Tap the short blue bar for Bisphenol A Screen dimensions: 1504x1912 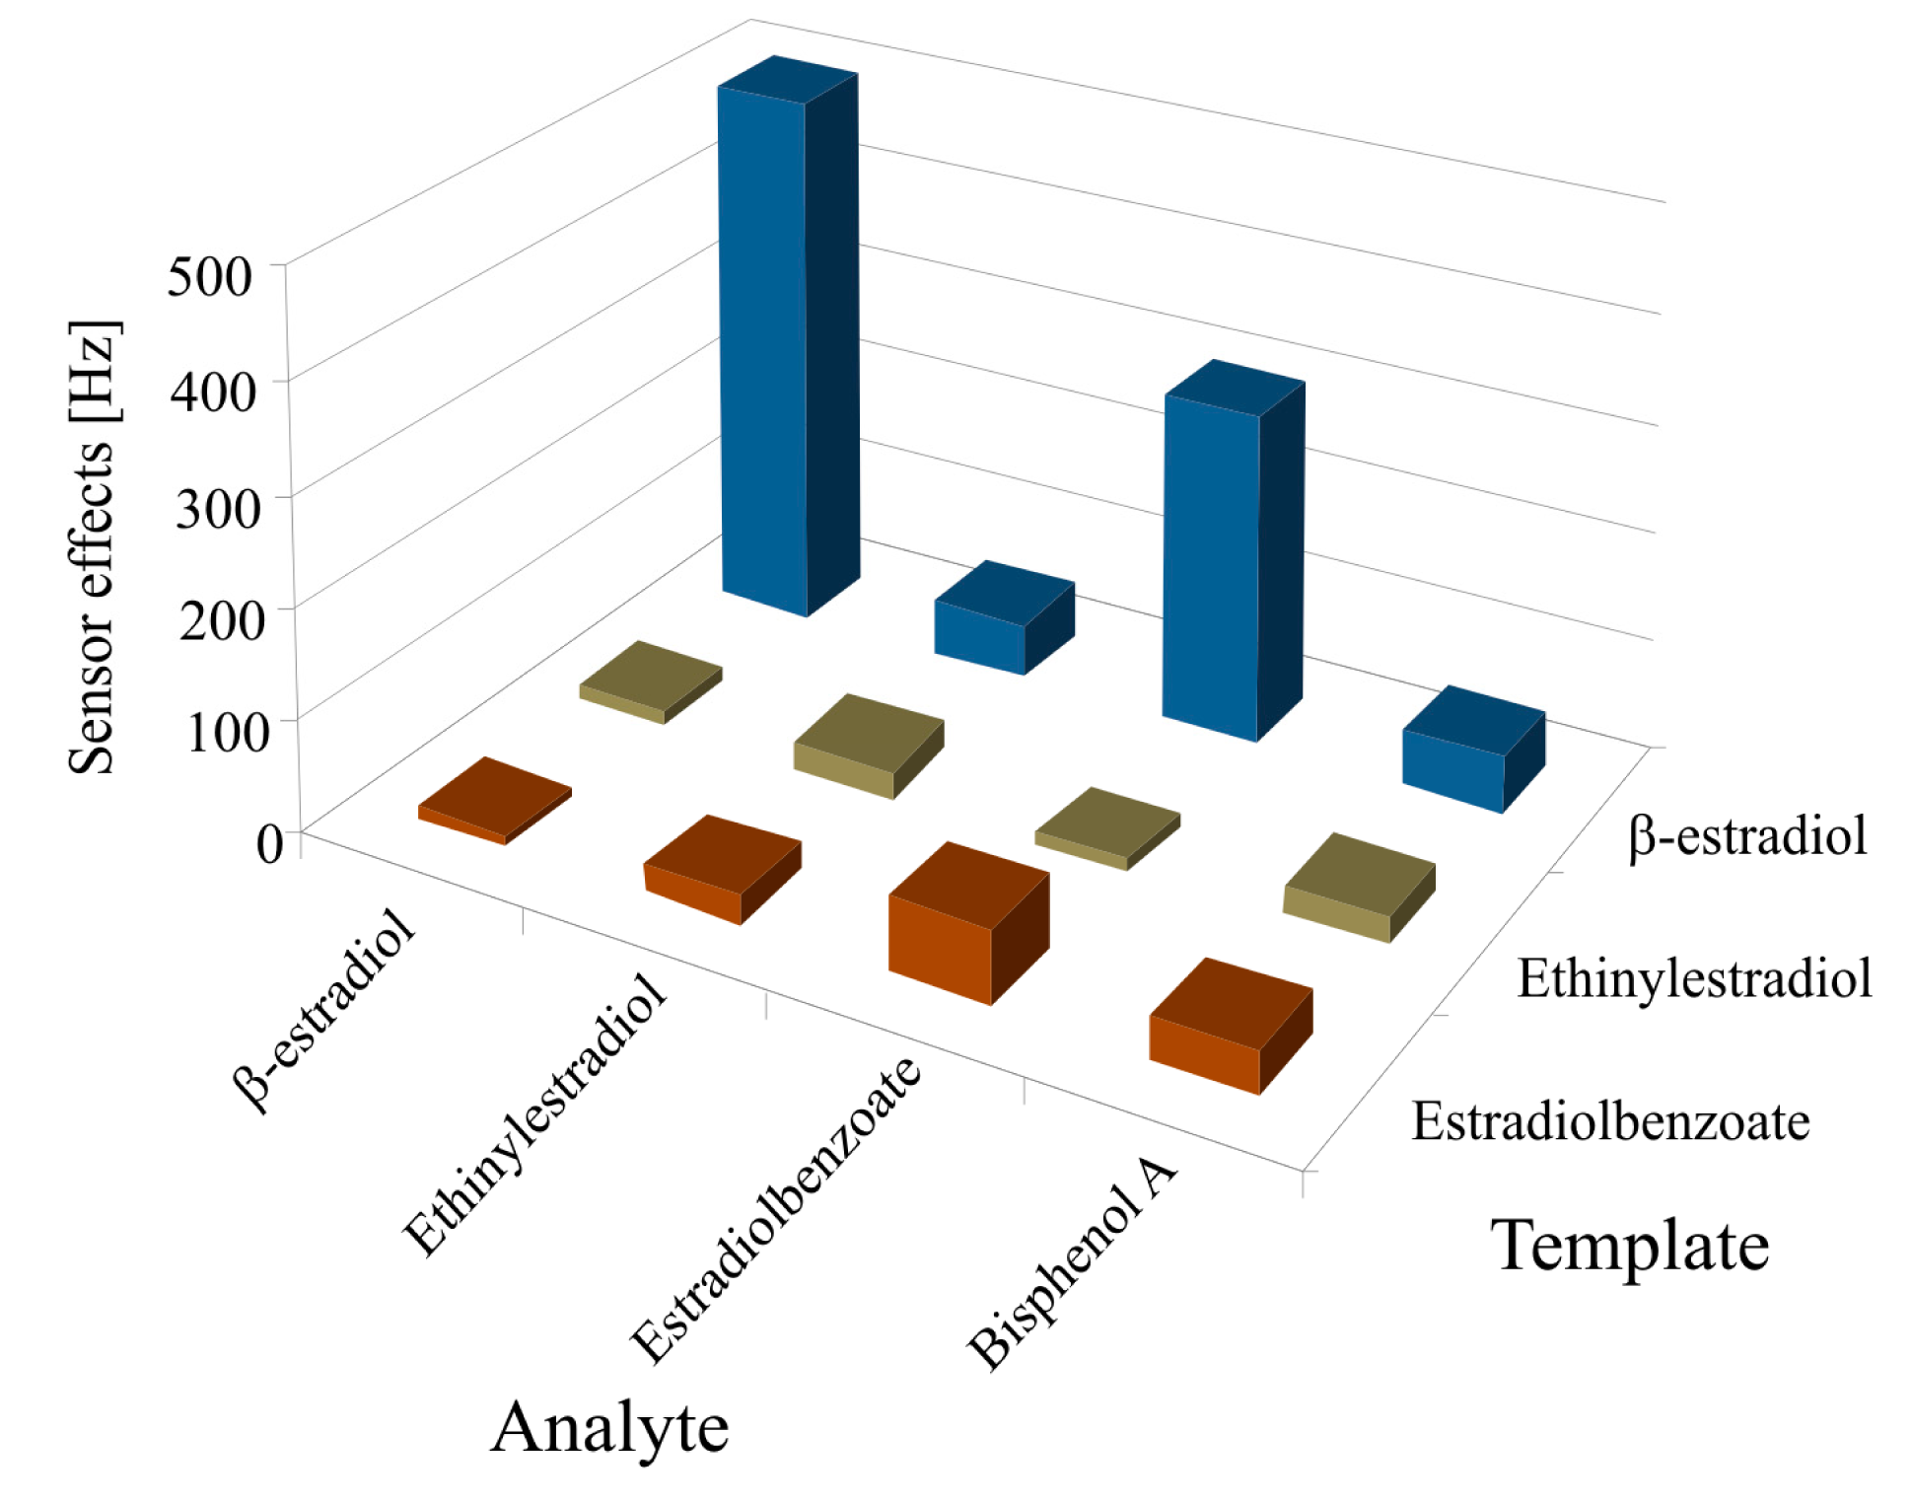tap(1469, 750)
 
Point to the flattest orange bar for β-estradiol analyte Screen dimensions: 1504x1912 tap(493, 799)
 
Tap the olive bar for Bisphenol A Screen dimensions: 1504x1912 tap(1356, 888)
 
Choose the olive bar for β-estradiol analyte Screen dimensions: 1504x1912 tap(651, 680)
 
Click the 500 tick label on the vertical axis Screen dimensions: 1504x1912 tap(210, 276)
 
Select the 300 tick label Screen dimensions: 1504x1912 tap(217, 508)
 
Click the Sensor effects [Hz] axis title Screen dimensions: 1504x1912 tap(93, 547)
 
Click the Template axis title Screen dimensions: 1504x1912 tap(1629, 1246)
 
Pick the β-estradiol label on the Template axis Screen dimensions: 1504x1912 tap(1747, 836)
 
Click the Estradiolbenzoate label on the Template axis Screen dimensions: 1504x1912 tap(1610, 1122)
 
